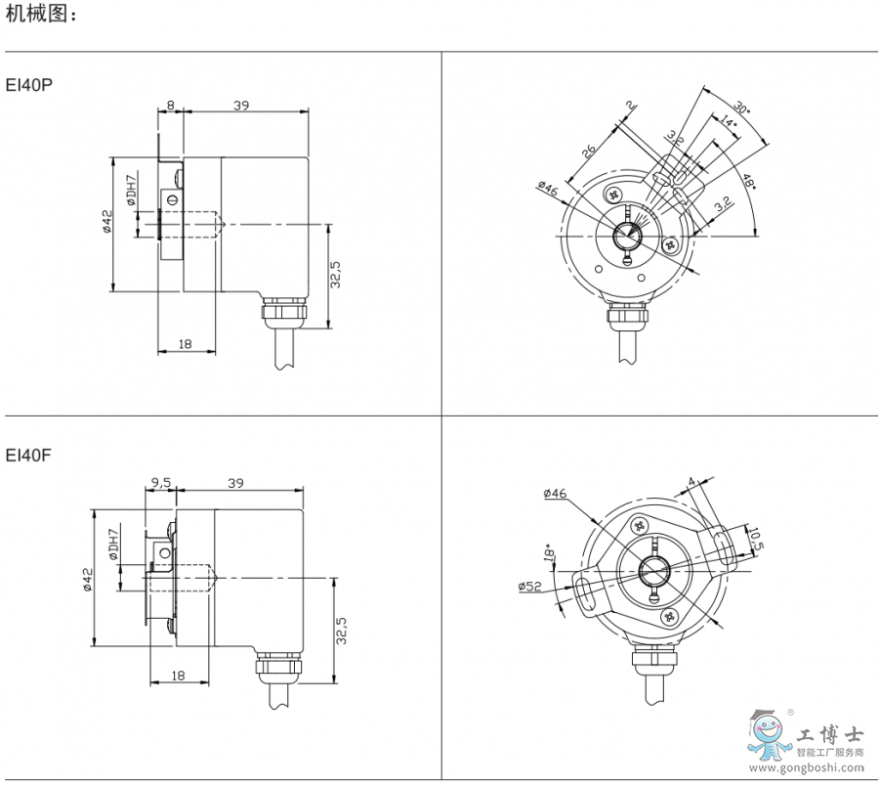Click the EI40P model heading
[29, 85]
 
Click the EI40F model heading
[28, 455]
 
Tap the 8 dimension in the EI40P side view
[170, 105]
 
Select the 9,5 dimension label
[160, 483]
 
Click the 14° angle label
[728, 122]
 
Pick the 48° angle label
[748, 182]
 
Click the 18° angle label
[549, 551]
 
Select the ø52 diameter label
[529, 586]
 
